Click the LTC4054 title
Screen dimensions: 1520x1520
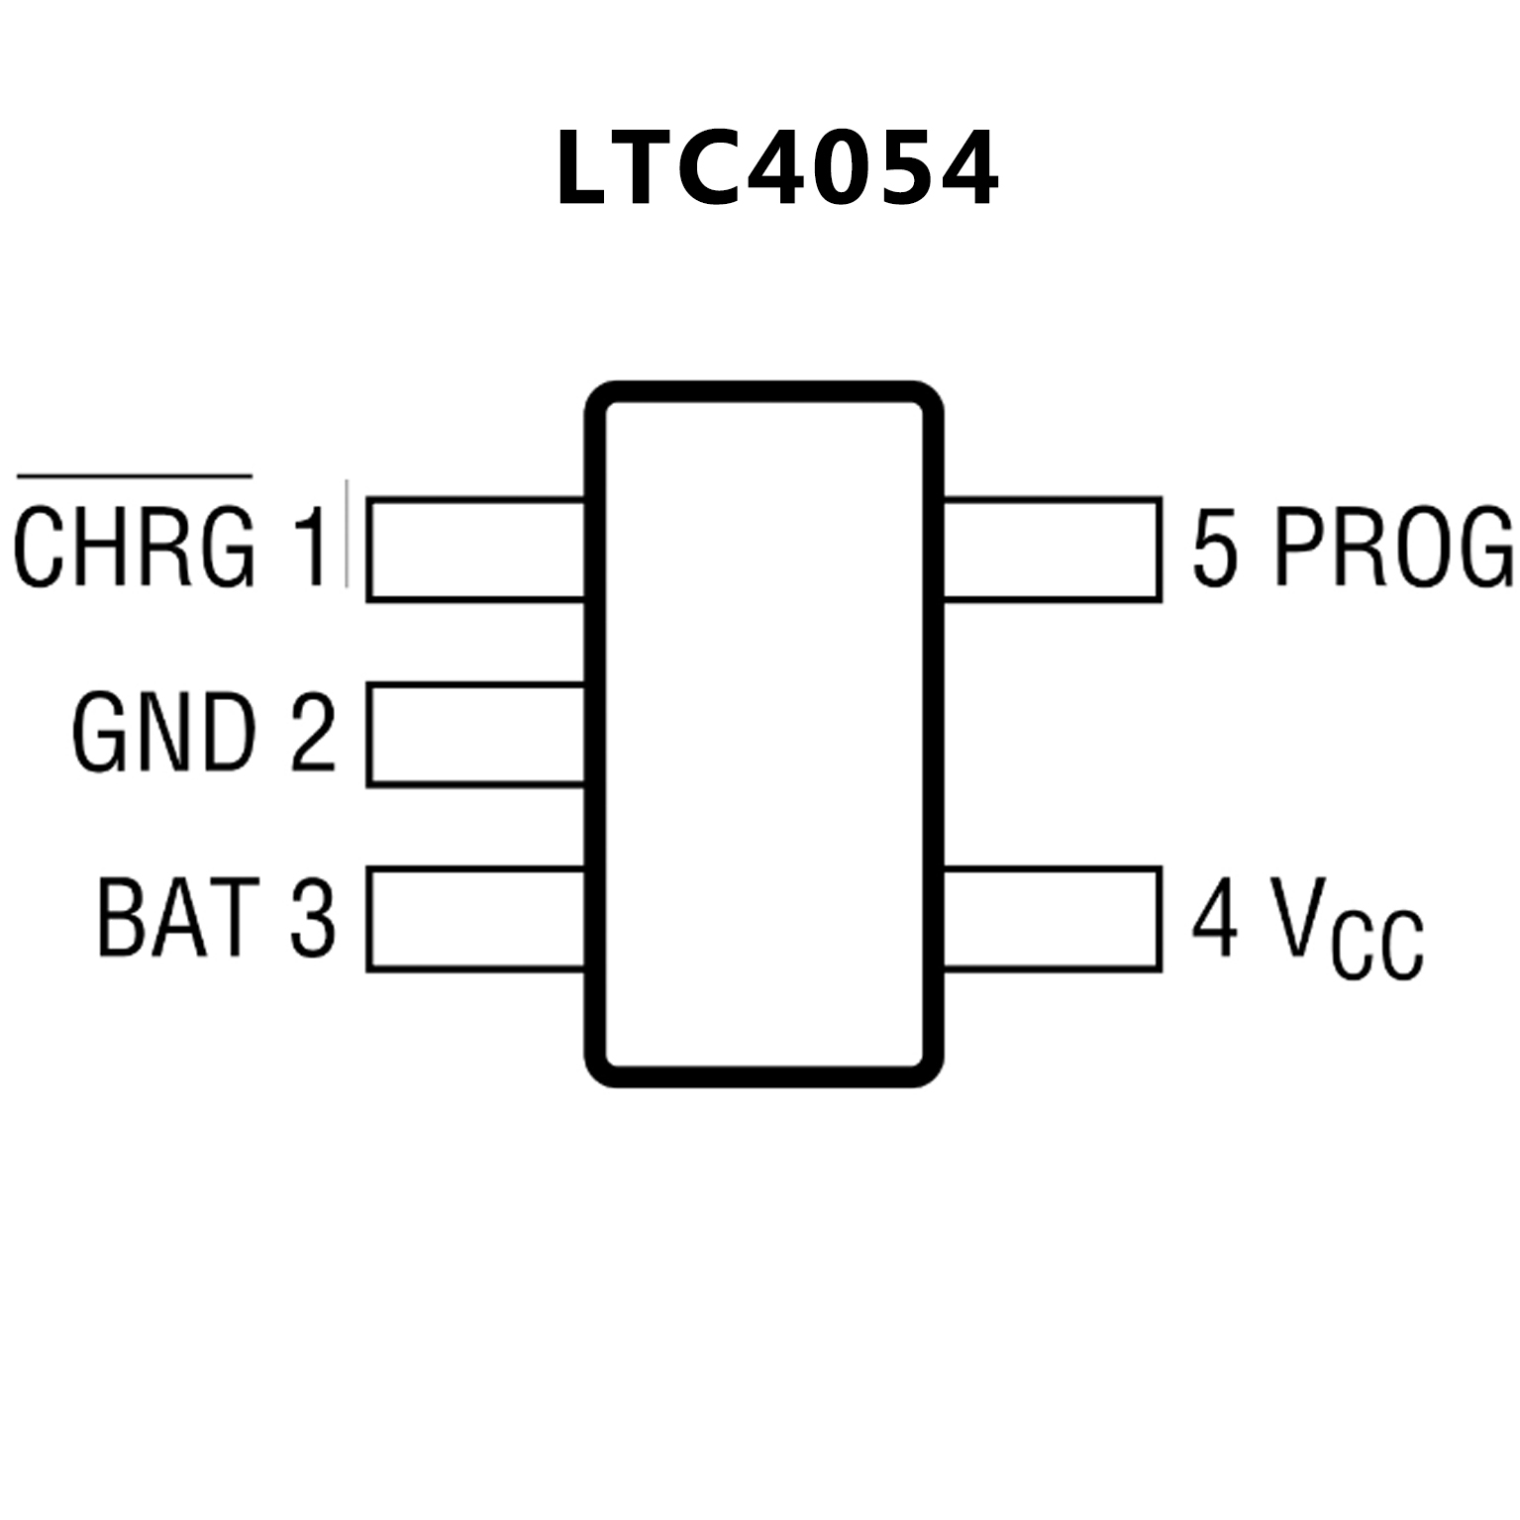pos(777,168)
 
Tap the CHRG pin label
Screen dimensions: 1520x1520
pos(135,547)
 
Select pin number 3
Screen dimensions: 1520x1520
pos(313,917)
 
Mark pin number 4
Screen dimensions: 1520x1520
pos(1215,917)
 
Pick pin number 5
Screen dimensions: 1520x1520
pos(1215,547)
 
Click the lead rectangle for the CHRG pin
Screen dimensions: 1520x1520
pos(475,549)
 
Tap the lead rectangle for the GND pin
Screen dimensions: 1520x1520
pos(475,734)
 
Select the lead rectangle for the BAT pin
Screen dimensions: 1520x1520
pos(475,918)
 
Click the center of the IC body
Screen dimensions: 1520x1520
pos(763,734)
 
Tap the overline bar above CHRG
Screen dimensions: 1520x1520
pos(135,478)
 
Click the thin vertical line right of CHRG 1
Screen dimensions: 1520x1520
pos(347,535)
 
